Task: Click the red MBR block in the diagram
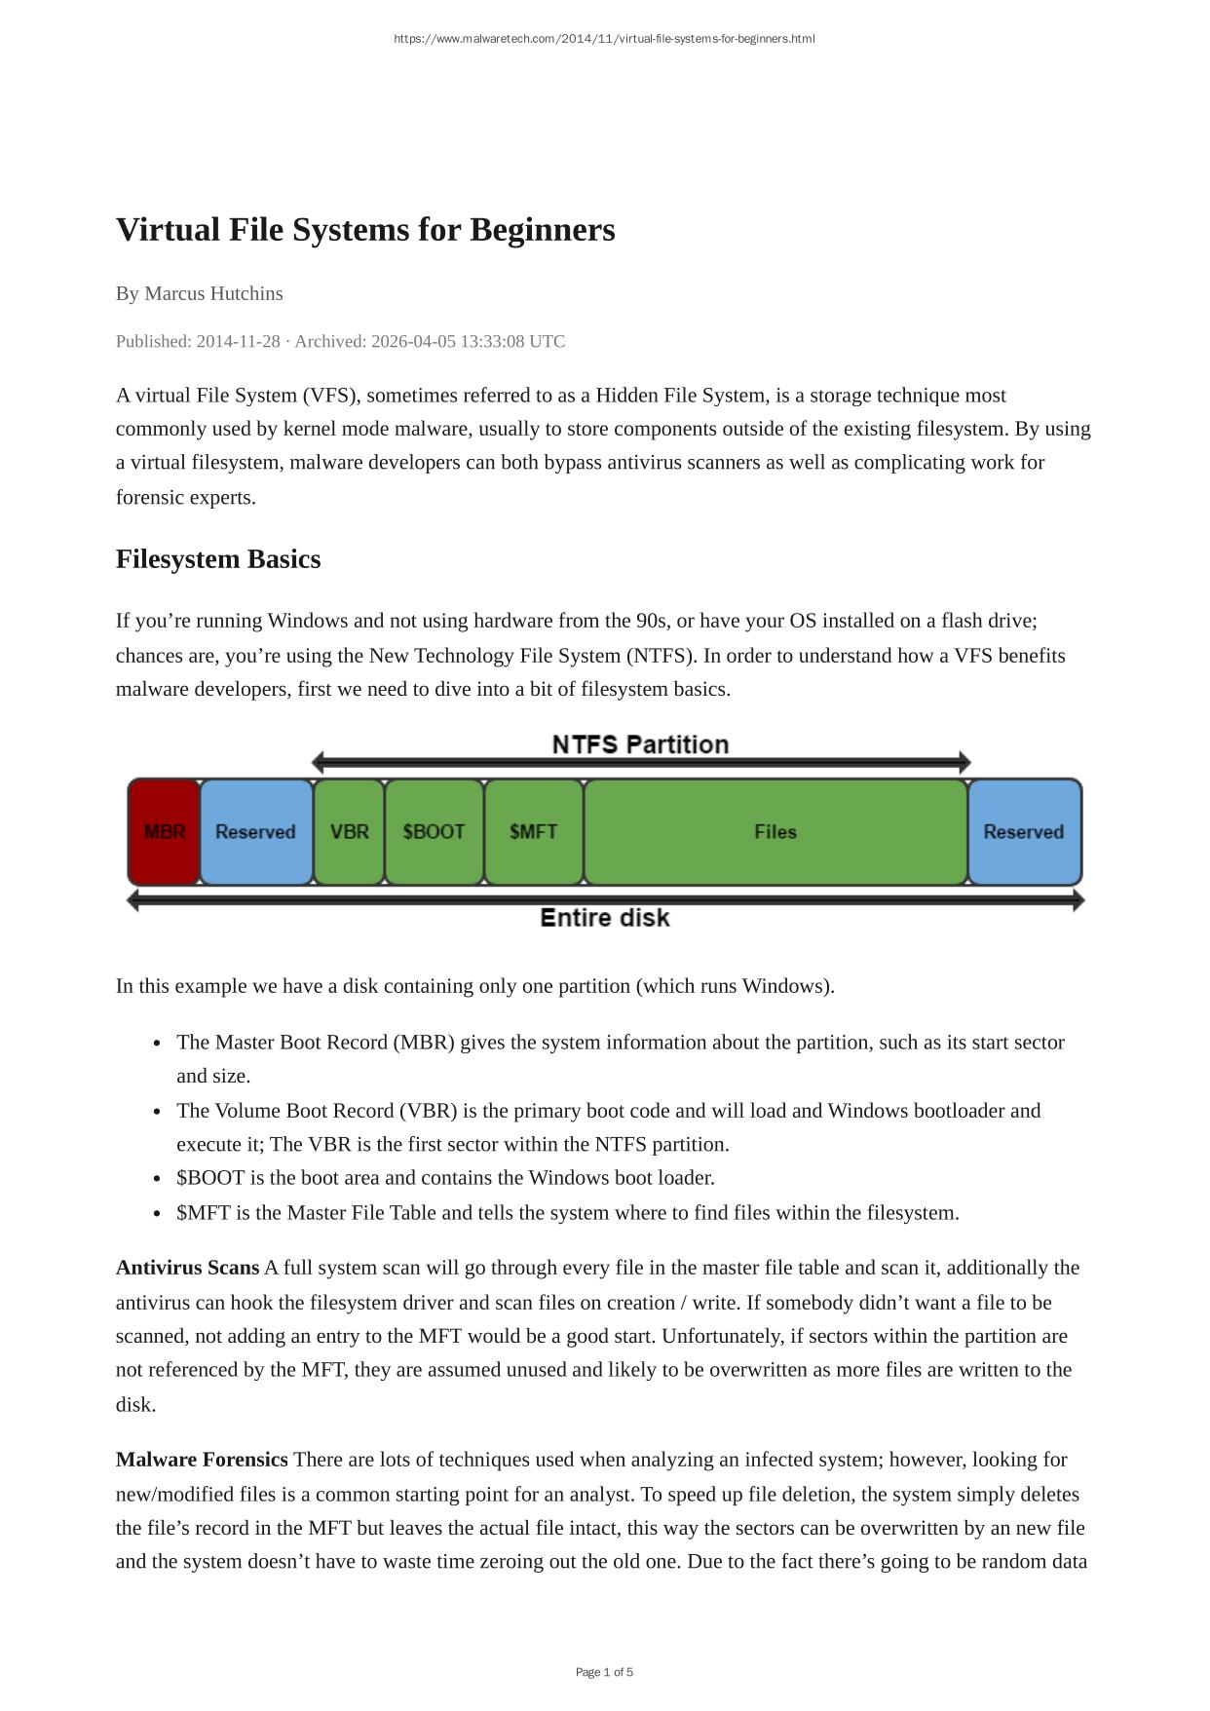(x=164, y=832)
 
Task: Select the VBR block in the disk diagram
(x=349, y=832)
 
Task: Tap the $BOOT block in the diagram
(x=435, y=832)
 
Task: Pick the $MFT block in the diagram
(x=534, y=832)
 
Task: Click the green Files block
(x=775, y=832)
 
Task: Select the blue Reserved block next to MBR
(x=255, y=832)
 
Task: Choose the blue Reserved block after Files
(x=1024, y=832)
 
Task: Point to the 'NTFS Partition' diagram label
(x=640, y=744)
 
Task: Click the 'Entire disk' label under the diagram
(x=605, y=918)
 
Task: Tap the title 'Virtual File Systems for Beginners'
(x=365, y=230)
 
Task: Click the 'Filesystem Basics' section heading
(x=218, y=559)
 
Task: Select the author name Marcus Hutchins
(x=213, y=293)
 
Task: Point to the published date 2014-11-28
(x=238, y=341)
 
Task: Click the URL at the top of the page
(x=604, y=39)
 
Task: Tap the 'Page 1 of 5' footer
(x=604, y=1672)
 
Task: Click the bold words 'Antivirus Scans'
(x=187, y=1268)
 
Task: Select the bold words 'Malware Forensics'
(x=202, y=1460)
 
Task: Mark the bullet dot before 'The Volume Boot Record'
(x=157, y=1112)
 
